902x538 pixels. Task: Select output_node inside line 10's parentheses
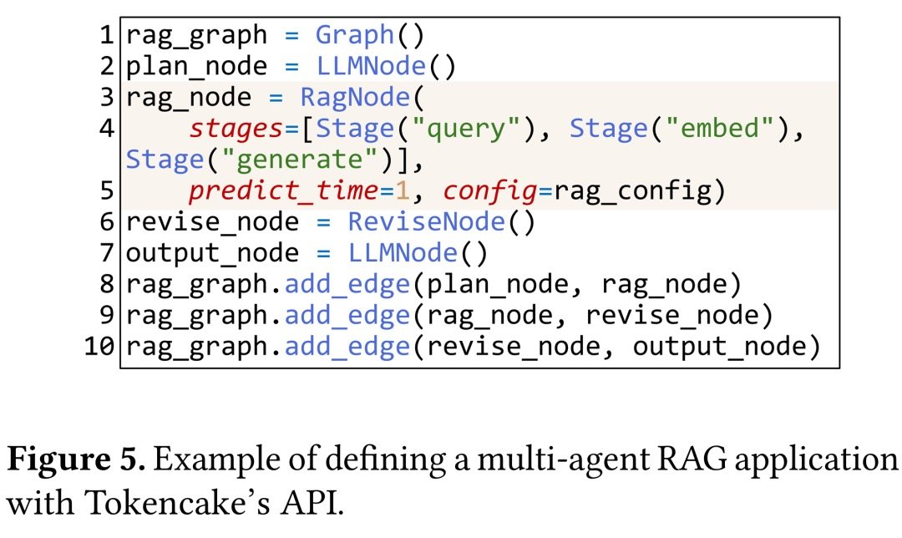coord(721,345)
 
